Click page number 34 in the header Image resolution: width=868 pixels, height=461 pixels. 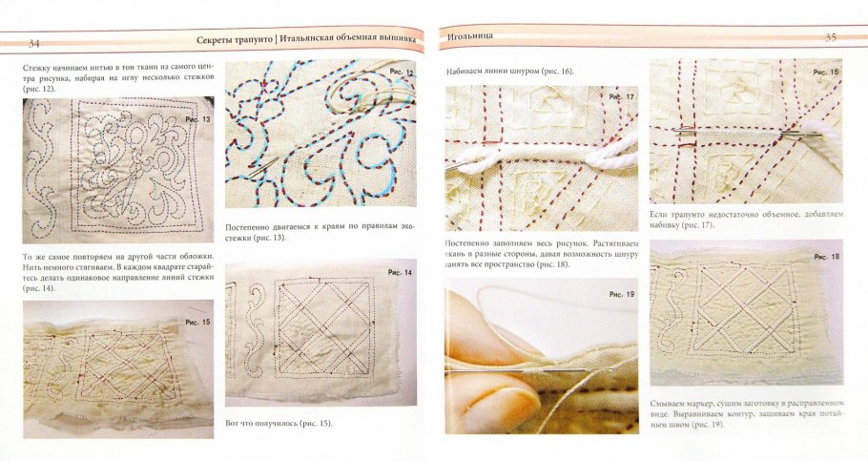pyautogui.click(x=34, y=43)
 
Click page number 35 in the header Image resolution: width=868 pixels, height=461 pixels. pyautogui.click(x=831, y=37)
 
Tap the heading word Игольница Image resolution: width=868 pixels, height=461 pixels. pyautogui.click(x=470, y=36)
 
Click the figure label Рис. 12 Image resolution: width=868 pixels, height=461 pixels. pyautogui.click(x=402, y=72)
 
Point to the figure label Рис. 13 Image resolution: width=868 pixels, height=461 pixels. pyautogui.click(x=198, y=119)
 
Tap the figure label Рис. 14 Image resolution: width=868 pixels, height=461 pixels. pyautogui.click(x=400, y=273)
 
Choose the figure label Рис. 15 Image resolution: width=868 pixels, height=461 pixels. pyautogui.click(x=197, y=322)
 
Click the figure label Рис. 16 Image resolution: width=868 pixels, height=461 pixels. pyautogui.click(x=825, y=72)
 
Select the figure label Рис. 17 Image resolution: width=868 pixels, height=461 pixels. pyautogui.click(x=621, y=97)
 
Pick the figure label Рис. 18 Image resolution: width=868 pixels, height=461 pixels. pyautogui.click(x=826, y=257)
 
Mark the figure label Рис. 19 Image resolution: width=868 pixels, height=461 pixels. pyautogui.click(x=622, y=294)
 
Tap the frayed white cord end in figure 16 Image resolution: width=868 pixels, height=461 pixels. pyautogui.click(x=825, y=135)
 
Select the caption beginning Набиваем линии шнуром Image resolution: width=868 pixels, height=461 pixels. pyautogui.click(x=510, y=72)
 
